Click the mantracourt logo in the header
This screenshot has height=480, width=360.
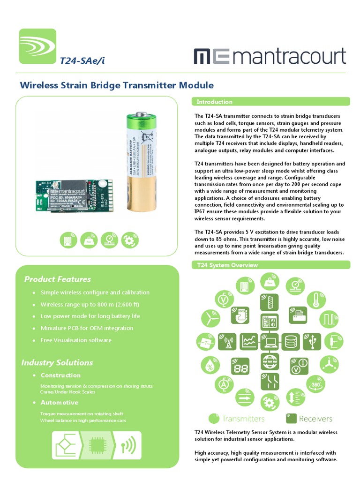(x=270, y=56)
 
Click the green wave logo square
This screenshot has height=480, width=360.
(x=37, y=46)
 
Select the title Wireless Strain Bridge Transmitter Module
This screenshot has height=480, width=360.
(x=116, y=85)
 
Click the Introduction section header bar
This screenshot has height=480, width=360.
(x=271, y=102)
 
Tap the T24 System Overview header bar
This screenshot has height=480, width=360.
(x=271, y=265)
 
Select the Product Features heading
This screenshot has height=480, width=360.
(x=57, y=279)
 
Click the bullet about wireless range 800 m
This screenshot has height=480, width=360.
(x=90, y=304)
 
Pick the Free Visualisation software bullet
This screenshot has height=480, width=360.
(x=76, y=340)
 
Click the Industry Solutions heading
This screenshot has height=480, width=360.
(x=57, y=362)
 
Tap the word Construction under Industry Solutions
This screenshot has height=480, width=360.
(x=60, y=375)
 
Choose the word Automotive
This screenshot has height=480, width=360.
(x=60, y=403)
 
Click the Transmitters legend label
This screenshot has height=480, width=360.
(x=243, y=419)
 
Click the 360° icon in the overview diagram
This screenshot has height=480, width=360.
(x=314, y=384)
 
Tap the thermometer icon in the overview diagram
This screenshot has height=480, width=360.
(x=316, y=300)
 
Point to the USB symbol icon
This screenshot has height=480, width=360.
(x=311, y=342)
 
